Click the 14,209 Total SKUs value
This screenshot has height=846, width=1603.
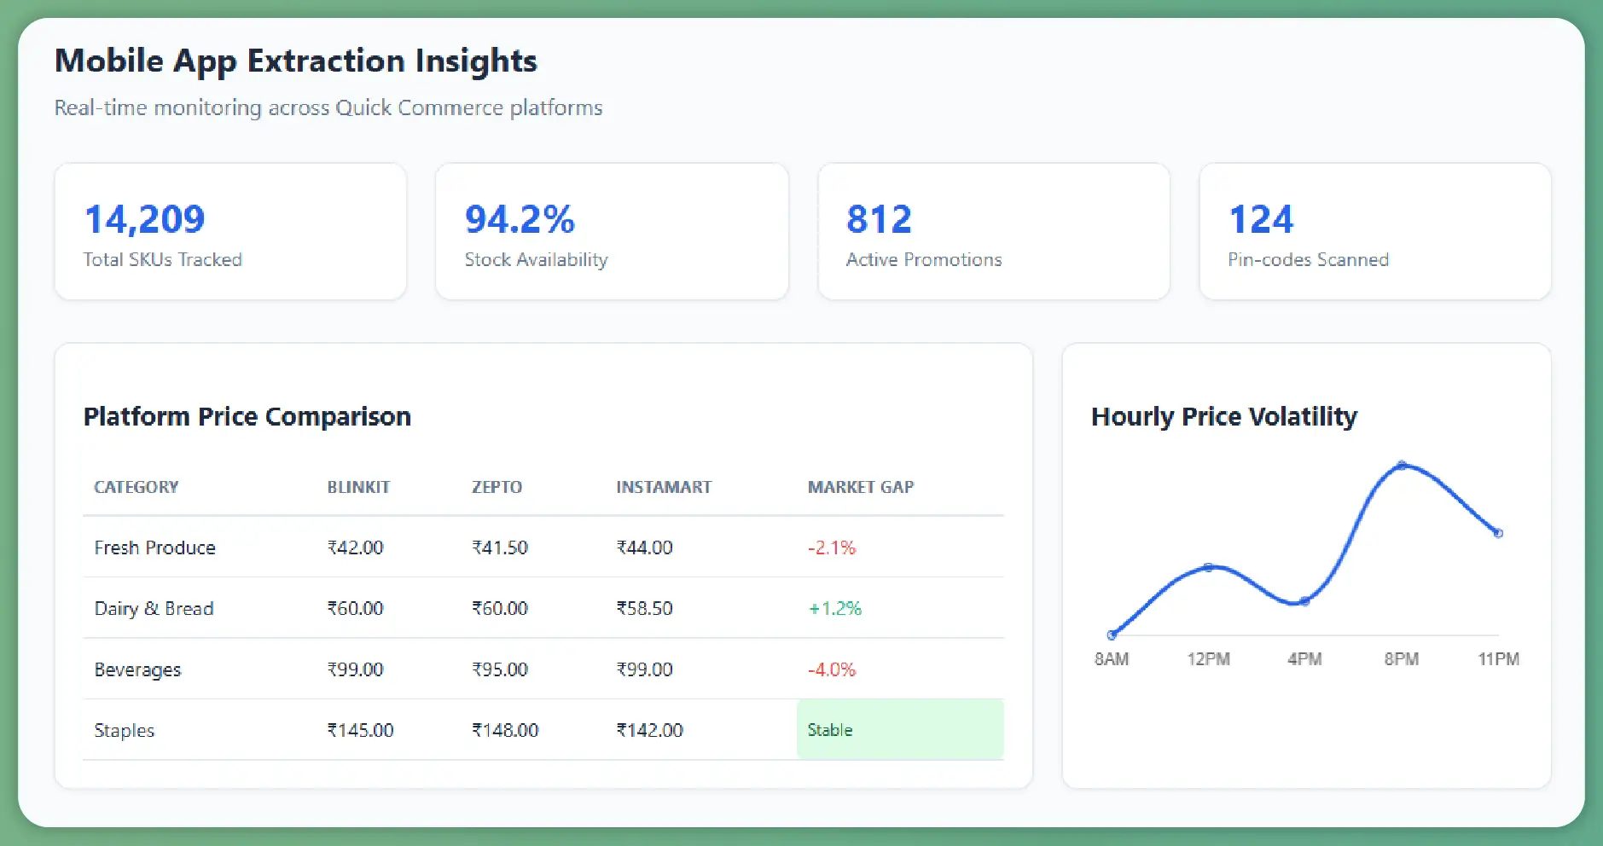pos(144,220)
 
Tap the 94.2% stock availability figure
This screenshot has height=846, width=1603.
pos(520,220)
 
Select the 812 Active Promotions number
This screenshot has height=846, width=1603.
pos(879,220)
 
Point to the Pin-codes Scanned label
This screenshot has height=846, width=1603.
pos(1308,260)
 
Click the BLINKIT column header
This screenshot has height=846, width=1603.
pos(358,487)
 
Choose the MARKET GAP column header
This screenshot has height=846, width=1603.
pos(860,487)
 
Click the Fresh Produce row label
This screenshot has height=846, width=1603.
pos(154,548)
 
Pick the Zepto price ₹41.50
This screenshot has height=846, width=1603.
pos(500,548)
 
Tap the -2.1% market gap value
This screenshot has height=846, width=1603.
pos(831,548)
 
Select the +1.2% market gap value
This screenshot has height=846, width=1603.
pos(834,609)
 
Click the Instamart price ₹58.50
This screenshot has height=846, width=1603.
pos(644,609)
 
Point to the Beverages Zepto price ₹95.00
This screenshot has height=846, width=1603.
pos(500,669)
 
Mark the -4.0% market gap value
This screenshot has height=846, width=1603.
pos(831,669)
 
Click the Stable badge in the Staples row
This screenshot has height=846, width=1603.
pos(830,730)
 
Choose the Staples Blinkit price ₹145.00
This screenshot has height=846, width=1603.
pos(360,730)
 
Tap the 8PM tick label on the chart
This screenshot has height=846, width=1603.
pos(1401,659)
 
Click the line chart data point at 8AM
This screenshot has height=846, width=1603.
pos(1112,634)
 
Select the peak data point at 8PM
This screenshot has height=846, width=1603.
pos(1402,465)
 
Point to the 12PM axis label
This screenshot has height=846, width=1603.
pos(1208,659)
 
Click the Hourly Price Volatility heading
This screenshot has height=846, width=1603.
pos(1223,416)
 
